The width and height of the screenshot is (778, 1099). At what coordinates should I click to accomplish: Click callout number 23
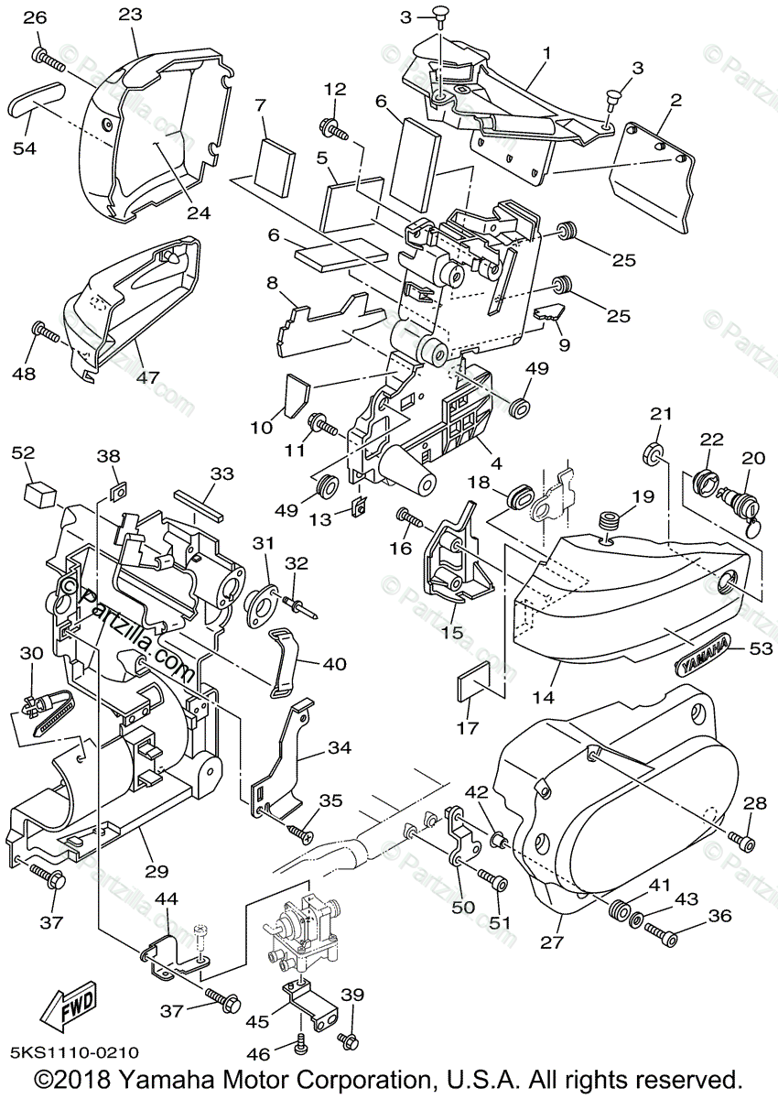pos(130,15)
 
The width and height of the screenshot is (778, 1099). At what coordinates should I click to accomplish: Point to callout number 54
pos(24,147)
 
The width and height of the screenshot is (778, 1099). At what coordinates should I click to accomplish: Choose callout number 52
pos(23,453)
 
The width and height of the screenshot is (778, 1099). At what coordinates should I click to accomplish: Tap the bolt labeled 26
pos(49,58)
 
